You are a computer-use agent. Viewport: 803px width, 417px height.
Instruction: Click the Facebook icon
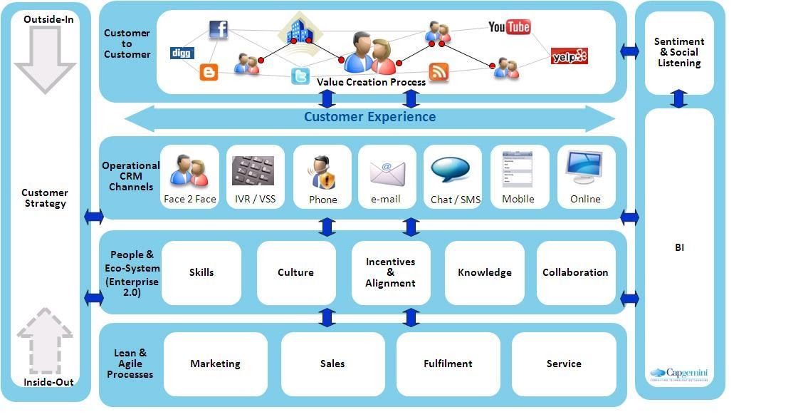(x=218, y=29)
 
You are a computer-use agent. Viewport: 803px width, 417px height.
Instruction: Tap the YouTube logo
(x=509, y=27)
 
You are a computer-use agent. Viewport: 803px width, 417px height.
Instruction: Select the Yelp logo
(x=570, y=56)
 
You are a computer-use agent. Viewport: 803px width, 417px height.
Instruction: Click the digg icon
(x=182, y=53)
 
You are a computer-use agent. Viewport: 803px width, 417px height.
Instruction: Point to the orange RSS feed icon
(x=439, y=71)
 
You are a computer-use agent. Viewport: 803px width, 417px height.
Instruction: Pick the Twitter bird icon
(x=300, y=76)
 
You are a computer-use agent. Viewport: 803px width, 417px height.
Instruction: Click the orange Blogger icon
(x=209, y=72)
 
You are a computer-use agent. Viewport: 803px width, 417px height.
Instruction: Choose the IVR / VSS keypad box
(x=255, y=177)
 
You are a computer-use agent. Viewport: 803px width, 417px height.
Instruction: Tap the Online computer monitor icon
(x=585, y=168)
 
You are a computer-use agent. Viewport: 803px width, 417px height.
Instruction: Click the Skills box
(x=201, y=272)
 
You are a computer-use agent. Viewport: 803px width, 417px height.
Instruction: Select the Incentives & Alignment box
(x=390, y=272)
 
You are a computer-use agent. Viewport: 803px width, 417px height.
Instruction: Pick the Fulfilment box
(x=448, y=364)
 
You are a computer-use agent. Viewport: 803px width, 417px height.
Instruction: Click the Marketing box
(x=215, y=364)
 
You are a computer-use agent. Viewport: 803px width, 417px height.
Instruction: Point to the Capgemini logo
(x=678, y=374)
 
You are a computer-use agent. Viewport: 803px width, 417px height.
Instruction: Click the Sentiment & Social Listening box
(x=679, y=53)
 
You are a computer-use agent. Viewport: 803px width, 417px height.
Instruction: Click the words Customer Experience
(x=369, y=117)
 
